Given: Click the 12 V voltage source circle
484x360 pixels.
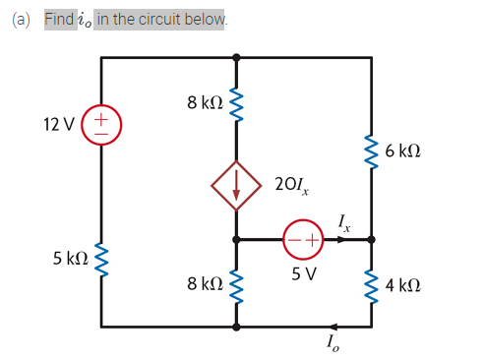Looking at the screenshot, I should tap(102, 125).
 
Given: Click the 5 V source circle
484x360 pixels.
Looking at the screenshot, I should tap(303, 239).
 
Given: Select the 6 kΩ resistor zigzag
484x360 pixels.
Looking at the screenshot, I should tap(371, 152).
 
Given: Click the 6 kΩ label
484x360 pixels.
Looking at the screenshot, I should tap(404, 151).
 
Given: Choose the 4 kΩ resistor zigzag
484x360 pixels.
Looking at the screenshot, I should tap(371, 286).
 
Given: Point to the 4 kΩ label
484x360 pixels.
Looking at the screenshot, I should tap(404, 286).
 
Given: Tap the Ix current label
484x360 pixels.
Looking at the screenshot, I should tap(341, 220).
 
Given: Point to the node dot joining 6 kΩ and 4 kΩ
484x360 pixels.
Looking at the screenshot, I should tap(371, 239).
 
